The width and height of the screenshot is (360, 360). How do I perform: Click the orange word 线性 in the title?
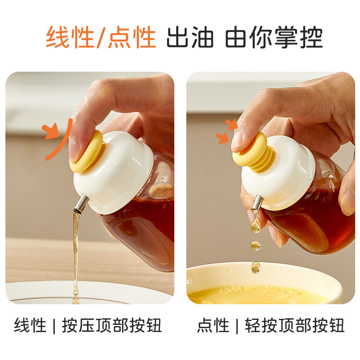[70, 37]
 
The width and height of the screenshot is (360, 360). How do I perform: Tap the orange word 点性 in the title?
[132, 37]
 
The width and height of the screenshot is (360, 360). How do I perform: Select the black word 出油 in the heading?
[190, 37]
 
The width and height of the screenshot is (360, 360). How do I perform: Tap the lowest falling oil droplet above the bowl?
[256, 267]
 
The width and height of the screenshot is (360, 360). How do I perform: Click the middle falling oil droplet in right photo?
[255, 246]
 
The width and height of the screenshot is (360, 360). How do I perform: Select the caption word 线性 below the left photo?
[30, 325]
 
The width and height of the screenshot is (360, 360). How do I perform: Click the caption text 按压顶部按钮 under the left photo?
[112, 325]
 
